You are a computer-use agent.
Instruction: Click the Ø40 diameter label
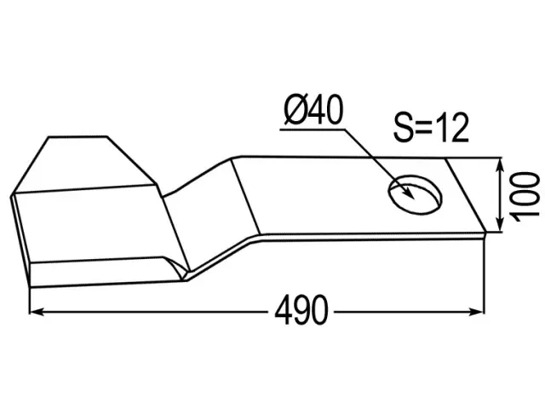pyautogui.click(x=313, y=110)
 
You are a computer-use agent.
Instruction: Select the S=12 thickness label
pyautogui.click(x=432, y=127)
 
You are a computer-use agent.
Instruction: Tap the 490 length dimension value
pyautogui.click(x=301, y=309)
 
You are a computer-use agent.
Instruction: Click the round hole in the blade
pyautogui.click(x=415, y=194)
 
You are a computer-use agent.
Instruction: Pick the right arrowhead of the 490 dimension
pyautogui.click(x=477, y=312)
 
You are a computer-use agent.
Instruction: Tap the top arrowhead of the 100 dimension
pyautogui.click(x=500, y=164)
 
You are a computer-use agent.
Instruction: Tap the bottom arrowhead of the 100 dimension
pyautogui.click(x=500, y=224)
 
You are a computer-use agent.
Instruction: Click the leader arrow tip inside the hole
pyautogui.click(x=414, y=199)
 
